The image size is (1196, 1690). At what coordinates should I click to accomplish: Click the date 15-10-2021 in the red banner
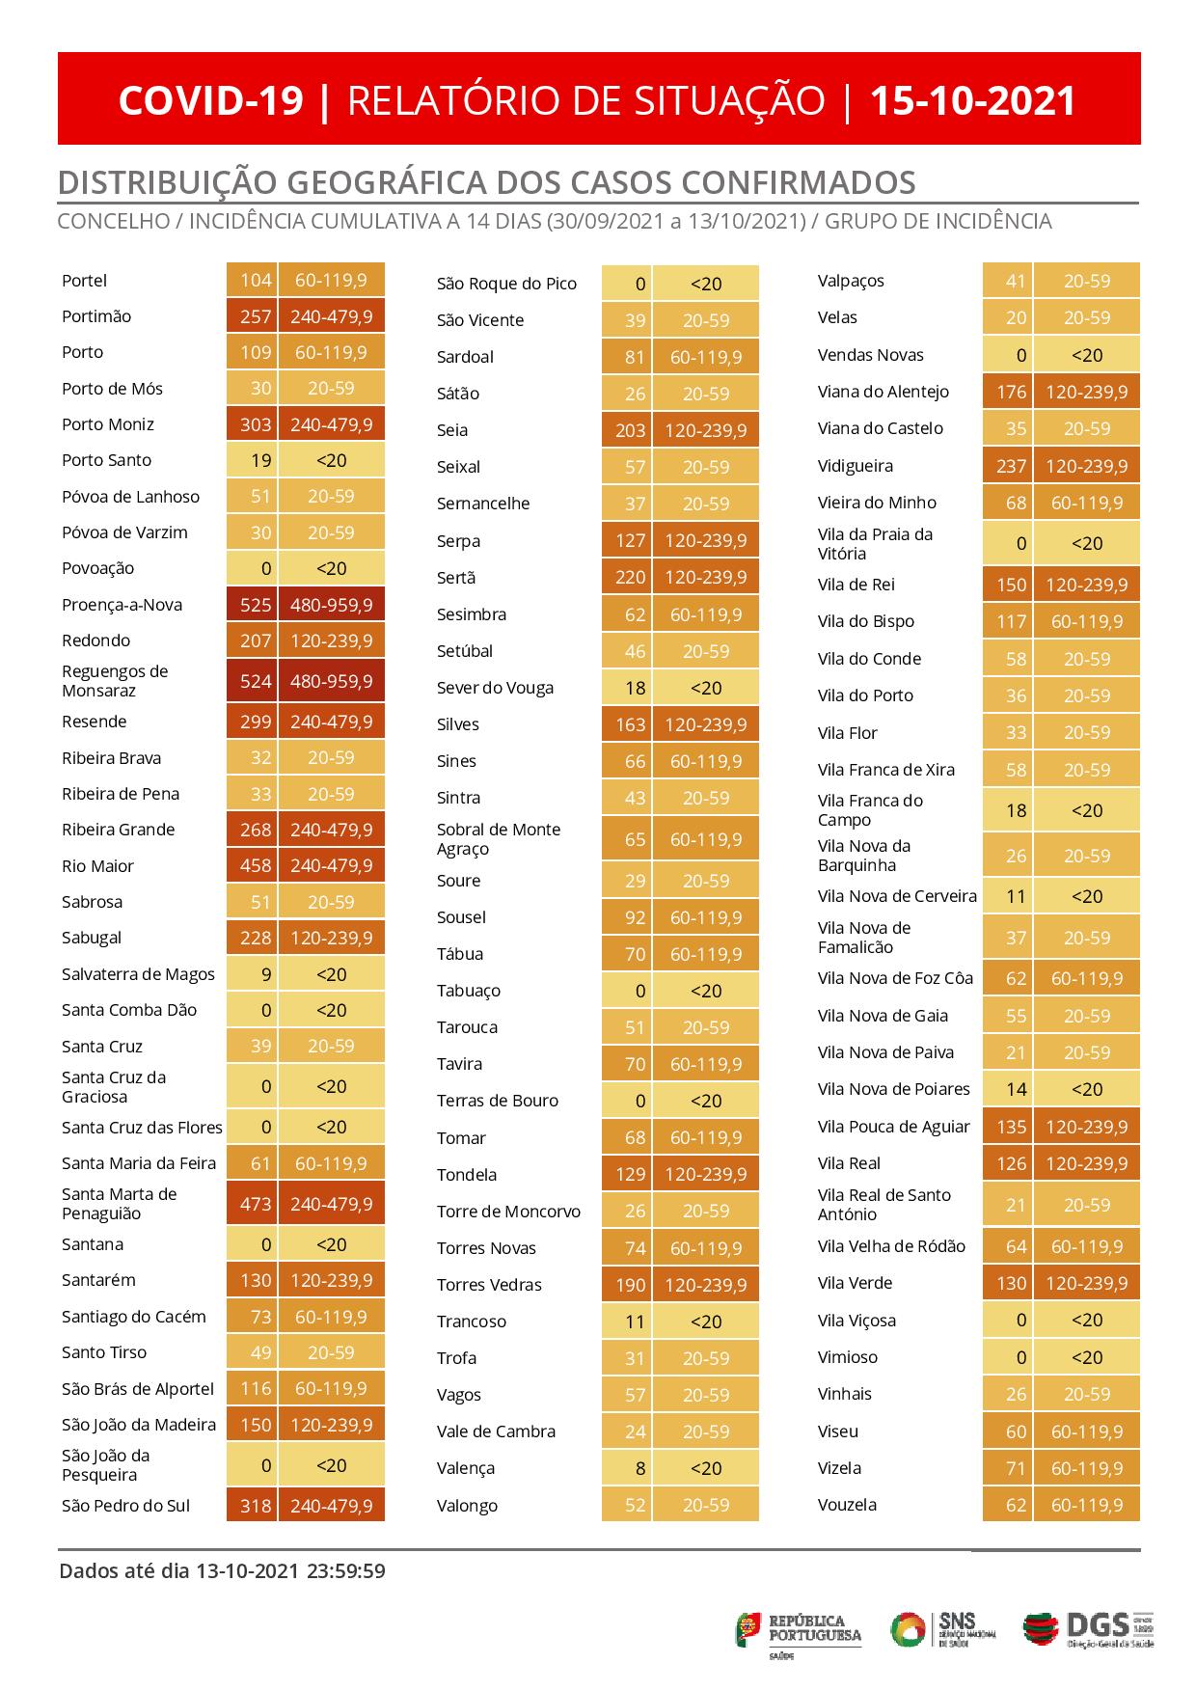click(972, 100)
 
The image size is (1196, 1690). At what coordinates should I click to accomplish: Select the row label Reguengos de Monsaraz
click(115, 681)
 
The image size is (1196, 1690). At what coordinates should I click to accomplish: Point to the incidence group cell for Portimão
click(331, 316)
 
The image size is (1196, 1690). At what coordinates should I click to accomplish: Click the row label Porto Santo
click(106, 460)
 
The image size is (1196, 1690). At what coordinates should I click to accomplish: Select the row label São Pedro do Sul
click(126, 1505)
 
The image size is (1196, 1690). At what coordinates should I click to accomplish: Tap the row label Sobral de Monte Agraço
click(499, 839)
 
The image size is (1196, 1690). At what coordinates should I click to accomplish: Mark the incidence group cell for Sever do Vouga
click(706, 688)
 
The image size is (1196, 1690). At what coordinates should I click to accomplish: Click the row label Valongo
click(467, 1505)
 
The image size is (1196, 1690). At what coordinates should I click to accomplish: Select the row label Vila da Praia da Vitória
click(876, 544)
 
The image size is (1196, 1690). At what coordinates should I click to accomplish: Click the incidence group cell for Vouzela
click(1087, 1504)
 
